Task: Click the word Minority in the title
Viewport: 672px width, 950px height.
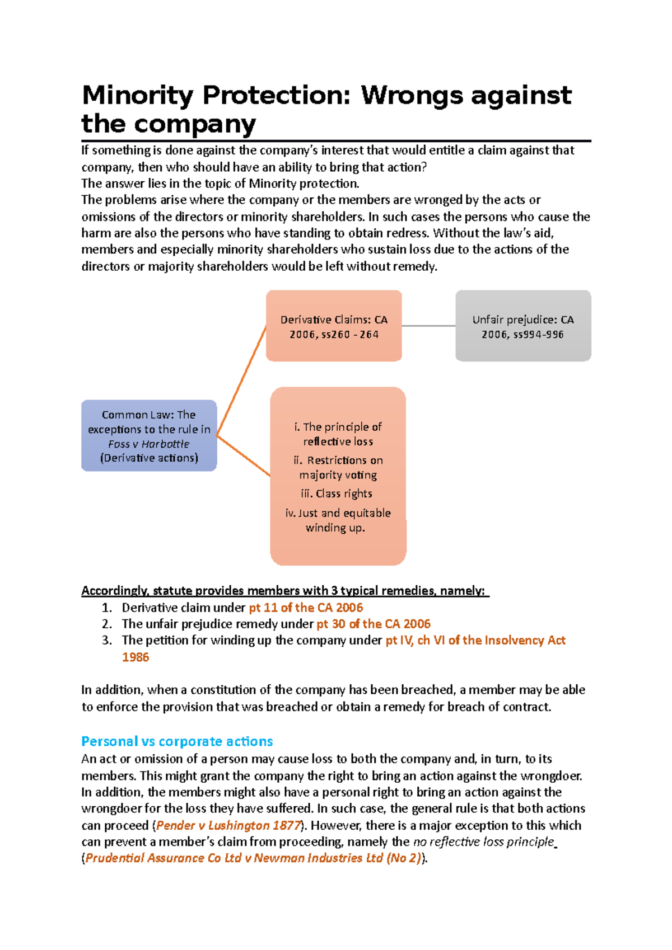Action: tap(137, 95)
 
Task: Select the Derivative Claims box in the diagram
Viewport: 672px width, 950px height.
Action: tap(334, 326)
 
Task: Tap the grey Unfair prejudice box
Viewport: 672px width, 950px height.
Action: tap(523, 326)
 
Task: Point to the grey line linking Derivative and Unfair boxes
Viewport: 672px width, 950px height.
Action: tap(428, 326)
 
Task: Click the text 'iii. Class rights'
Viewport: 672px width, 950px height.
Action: tap(337, 493)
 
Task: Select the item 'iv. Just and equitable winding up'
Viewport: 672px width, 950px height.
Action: tap(338, 520)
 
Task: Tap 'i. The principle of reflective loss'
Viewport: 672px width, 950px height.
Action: tap(338, 434)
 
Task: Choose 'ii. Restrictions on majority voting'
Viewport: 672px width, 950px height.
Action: tap(338, 467)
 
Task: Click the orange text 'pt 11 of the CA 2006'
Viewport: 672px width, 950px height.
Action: tap(306, 608)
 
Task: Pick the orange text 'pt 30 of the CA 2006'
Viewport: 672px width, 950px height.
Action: tap(374, 624)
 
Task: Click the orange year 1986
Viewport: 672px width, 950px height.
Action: tap(136, 657)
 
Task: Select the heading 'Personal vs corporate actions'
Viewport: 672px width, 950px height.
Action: tap(177, 741)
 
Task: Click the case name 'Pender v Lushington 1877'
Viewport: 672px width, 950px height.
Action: tap(228, 825)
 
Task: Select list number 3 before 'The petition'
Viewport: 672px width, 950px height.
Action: tap(107, 640)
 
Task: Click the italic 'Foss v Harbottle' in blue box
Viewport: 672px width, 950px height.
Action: tap(149, 444)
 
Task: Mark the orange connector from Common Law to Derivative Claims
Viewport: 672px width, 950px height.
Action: tap(241, 380)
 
